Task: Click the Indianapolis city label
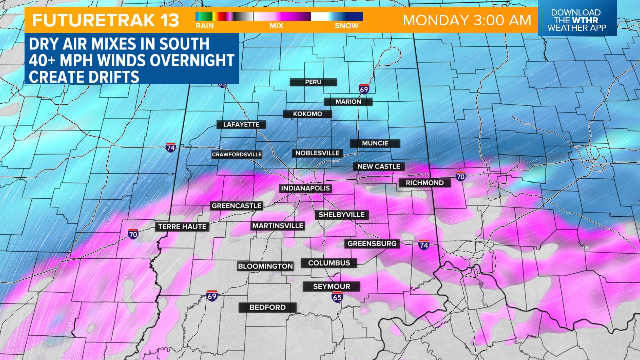click(305, 188)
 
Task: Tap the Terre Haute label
click(182, 227)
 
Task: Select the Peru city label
click(313, 82)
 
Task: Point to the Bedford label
click(267, 307)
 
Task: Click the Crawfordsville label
click(237, 155)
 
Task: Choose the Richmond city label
click(425, 183)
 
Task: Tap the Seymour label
click(331, 286)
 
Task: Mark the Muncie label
click(375, 143)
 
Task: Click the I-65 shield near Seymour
click(337, 297)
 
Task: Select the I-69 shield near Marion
click(364, 89)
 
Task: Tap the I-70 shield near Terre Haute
click(133, 234)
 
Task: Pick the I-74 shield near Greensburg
click(424, 245)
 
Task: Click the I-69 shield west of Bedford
click(212, 295)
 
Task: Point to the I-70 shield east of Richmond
click(460, 176)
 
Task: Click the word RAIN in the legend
click(204, 26)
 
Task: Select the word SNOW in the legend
click(347, 26)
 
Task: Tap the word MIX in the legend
click(276, 26)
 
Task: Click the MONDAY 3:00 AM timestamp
click(467, 20)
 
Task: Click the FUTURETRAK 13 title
click(106, 20)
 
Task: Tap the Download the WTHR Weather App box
click(577, 20)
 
